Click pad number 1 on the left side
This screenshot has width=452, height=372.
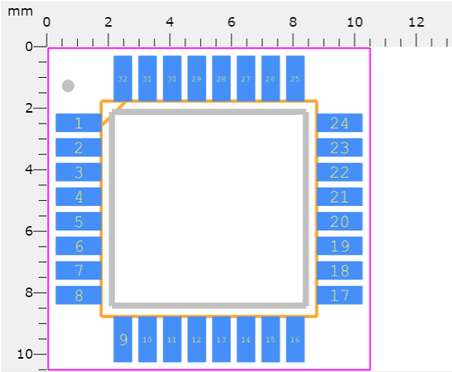[x=79, y=123]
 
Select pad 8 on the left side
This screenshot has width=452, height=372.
[x=79, y=295]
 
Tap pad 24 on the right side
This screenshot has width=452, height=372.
[x=339, y=123]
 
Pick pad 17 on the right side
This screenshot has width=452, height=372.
[x=339, y=295]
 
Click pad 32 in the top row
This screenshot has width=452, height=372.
[x=122, y=79]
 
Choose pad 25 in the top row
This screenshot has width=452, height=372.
[x=295, y=79]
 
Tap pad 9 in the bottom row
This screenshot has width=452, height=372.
[x=123, y=339]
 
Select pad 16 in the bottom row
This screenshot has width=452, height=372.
[x=295, y=339]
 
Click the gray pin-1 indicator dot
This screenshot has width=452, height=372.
[x=68, y=86]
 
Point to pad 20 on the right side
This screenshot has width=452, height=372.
[x=339, y=222]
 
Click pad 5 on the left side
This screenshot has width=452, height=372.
[x=79, y=222]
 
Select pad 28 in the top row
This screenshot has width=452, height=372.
[x=221, y=79]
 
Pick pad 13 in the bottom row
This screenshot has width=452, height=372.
[x=221, y=339]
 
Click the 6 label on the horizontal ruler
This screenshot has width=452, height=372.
[x=231, y=21]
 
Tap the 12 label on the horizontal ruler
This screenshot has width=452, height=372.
[x=416, y=21]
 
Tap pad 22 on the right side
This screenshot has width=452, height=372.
[x=339, y=173]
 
